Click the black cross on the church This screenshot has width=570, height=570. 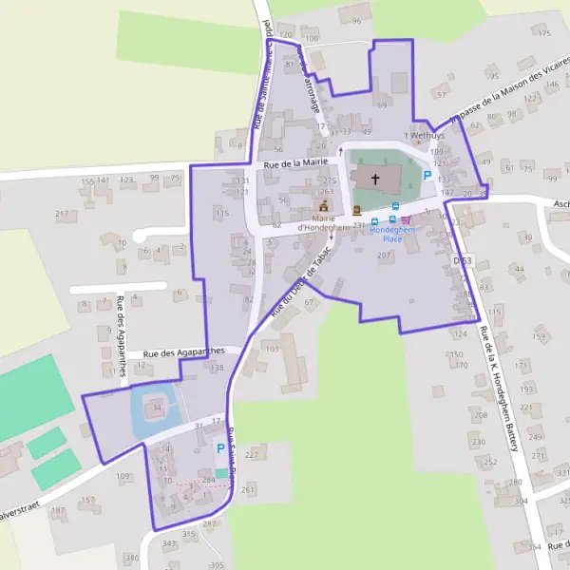click(x=374, y=178)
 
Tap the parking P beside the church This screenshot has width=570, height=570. click(x=427, y=175)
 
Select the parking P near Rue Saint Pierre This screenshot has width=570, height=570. click(x=221, y=448)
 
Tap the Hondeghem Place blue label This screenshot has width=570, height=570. click(x=386, y=235)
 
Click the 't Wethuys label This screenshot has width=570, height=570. click(x=427, y=137)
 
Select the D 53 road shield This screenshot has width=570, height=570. click(x=463, y=260)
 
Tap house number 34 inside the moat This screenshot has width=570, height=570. click(x=158, y=409)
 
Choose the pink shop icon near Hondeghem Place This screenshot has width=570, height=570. click(x=407, y=220)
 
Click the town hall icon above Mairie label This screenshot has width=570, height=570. click(x=324, y=205)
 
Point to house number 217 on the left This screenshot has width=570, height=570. click(x=63, y=214)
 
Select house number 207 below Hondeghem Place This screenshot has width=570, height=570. click(x=385, y=256)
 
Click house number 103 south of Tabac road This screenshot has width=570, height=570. click(x=273, y=349)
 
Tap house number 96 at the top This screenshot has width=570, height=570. click(x=357, y=20)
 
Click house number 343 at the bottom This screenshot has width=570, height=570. click(x=169, y=543)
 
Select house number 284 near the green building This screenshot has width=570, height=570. click(x=209, y=480)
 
